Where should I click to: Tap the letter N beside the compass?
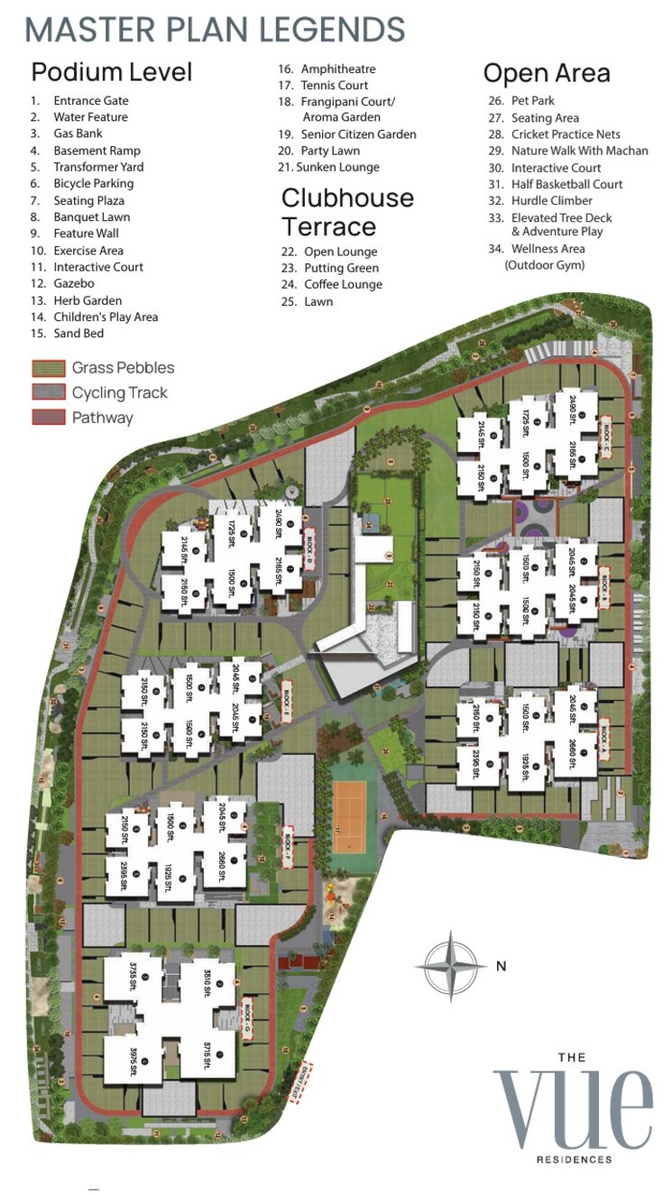tap(501, 966)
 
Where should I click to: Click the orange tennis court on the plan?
tap(348, 815)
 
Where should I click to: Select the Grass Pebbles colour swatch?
tap(48, 368)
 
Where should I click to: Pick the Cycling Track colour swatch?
tap(48, 392)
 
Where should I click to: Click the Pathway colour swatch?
tap(48, 417)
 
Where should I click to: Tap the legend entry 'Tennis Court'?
tap(334, 85)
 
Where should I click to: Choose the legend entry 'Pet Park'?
tap(532, 101)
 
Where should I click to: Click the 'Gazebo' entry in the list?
tap(73, 283)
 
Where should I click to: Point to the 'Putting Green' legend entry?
tap(341, 268)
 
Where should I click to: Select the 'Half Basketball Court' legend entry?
tap(566, 184)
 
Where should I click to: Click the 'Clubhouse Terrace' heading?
tap(347, 211)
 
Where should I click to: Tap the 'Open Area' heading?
tap(547, 73)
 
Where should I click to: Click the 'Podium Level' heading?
tap(112, 71)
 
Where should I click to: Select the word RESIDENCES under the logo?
tap(574, 1159)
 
